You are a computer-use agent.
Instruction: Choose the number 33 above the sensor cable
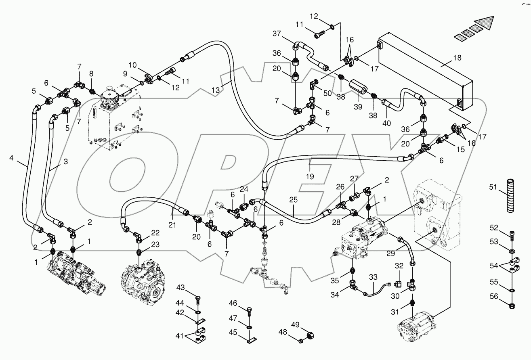(373, 277)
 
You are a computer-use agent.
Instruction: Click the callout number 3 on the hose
(65, 161)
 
